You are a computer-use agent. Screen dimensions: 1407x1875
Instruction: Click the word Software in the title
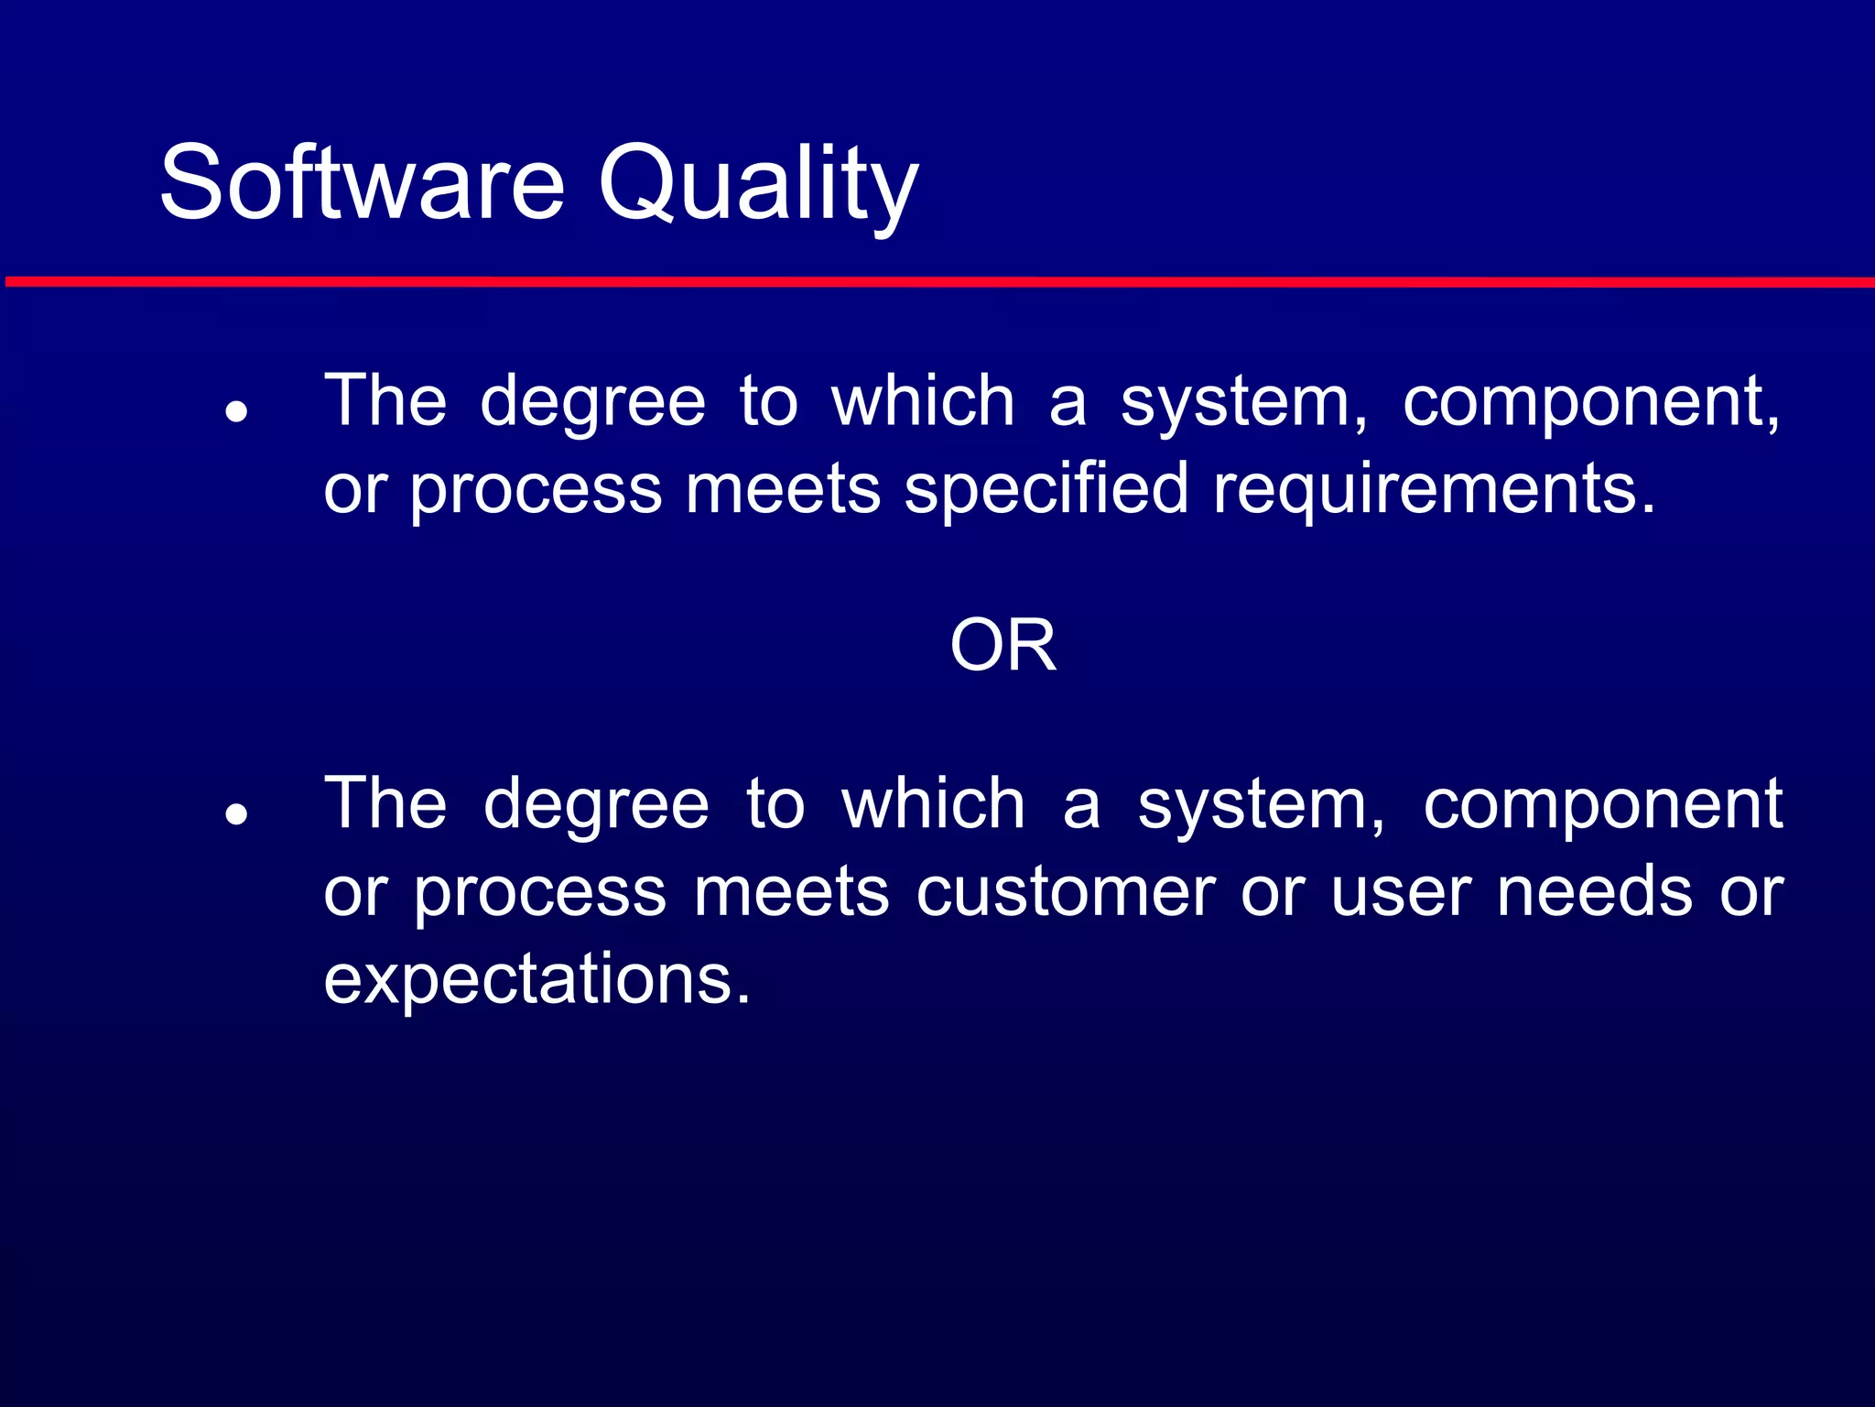coord(362,183)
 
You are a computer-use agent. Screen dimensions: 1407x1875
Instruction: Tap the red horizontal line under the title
coord(937,282)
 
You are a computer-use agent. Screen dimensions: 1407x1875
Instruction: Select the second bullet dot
coord(237,813)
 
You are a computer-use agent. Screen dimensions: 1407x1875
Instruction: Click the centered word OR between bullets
coord(1003,646)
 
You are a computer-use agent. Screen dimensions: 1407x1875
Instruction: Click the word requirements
coord(1433,491)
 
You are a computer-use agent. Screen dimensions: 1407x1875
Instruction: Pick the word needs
coord(1594,891)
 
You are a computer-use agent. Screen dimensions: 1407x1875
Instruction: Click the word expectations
coord(536,979)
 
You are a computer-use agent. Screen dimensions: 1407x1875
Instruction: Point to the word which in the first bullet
coord(923,401)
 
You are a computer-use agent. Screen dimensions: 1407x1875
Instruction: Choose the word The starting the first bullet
coord(385,401)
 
